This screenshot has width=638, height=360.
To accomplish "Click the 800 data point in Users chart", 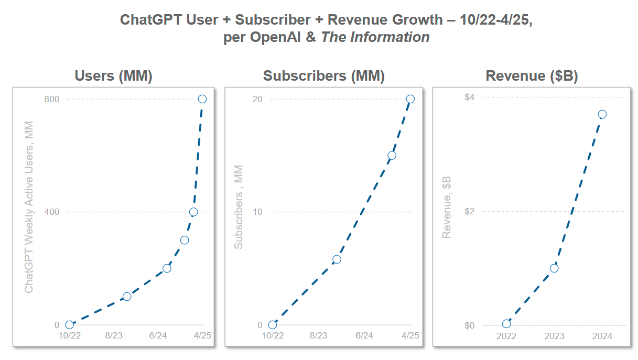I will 202,99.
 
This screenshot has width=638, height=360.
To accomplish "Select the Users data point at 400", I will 193,212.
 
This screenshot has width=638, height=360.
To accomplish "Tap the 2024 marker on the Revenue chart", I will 602,114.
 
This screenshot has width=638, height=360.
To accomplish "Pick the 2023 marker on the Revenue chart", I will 554,268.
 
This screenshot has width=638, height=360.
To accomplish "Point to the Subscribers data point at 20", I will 410,99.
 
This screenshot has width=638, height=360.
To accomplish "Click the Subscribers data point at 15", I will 392,156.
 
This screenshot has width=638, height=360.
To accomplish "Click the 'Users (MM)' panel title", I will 113,76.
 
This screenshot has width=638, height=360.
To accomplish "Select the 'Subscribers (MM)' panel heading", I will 324,76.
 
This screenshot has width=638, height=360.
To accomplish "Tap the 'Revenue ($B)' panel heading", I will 532,76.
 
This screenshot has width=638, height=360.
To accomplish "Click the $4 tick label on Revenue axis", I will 469,97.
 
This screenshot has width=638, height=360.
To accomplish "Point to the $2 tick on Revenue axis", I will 469,211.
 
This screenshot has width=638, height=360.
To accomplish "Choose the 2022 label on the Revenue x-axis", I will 506,336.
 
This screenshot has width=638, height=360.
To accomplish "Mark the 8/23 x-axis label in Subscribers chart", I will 318,336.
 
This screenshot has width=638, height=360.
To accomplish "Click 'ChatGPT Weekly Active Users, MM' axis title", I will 29,207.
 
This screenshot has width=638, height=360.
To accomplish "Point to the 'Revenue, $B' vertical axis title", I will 447,207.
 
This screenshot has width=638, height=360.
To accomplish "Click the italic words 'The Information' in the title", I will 375,37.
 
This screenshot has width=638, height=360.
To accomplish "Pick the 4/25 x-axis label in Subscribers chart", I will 410,336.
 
